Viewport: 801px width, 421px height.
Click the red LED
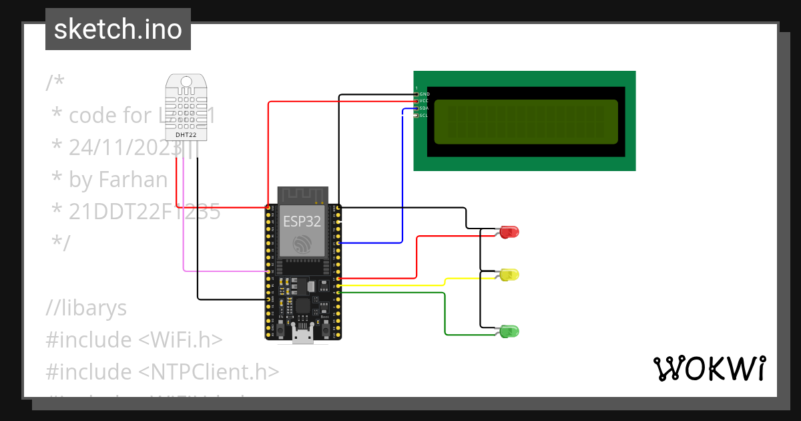click(x=509, y=232)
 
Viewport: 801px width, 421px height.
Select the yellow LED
click(x=509, y=275)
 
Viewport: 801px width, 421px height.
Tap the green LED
click(x=509, y=331)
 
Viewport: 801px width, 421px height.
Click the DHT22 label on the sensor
click(x=186, y=135)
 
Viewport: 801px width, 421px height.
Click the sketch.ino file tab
click(x=117, y=29)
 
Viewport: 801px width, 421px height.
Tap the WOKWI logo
click(x=709, y=368)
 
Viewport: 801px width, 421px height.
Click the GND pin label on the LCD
click(x=424, y=94)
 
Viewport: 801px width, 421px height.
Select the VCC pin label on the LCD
click(x=424, y=101)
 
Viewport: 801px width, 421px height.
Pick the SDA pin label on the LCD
click(x=424, y=108)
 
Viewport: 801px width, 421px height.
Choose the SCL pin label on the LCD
click(x=424, y=116)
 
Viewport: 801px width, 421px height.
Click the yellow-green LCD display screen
click(x=526, y=122)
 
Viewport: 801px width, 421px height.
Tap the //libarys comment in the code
click(x=86, y=308)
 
